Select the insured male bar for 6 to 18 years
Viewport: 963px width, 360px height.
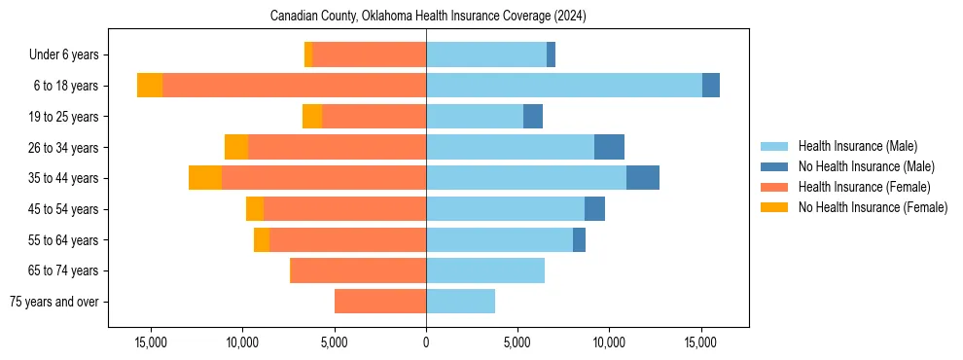pyautogui.click(x=564, y=86)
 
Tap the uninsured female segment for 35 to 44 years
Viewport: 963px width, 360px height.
pyautogui.click(x=205, y=178)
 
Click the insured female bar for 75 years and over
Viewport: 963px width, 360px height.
pyautogui.click(x=380, y=302)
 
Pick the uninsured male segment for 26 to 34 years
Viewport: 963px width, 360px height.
pyautogui.click(x=609, y=147)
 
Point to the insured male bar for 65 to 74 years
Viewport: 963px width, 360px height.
pyautogui.click(x=485, y=270)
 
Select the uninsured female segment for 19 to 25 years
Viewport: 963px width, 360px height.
pyautogui.click(x=312, y=117)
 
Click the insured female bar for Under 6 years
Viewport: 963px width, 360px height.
pyautogui.click(x=370, y=54)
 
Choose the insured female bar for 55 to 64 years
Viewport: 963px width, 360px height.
pyautogui.click(x=347, y=239)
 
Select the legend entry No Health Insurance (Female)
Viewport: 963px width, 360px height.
pyautogui.click(x=873, y=207)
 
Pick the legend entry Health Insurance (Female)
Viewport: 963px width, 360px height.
pyautogui.click(x=864, y=187)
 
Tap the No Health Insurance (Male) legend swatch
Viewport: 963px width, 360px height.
pyautogui.click(x=774, y=166)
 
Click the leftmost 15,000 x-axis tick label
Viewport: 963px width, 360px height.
pyautogui.click(x=151, y=342)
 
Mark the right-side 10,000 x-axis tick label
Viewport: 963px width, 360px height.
pyautogui.click(x=609, y=342)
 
